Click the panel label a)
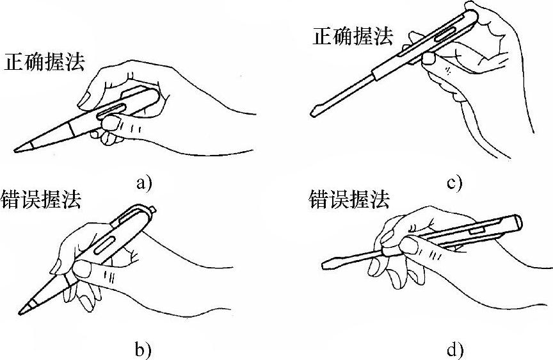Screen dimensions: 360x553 tap(143, 184)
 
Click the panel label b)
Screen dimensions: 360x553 tap(143, 349)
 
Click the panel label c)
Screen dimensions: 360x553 tap(454, 184)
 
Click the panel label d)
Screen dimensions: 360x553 tap(454, 350)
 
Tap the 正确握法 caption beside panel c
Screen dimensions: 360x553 tap(352, 36)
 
